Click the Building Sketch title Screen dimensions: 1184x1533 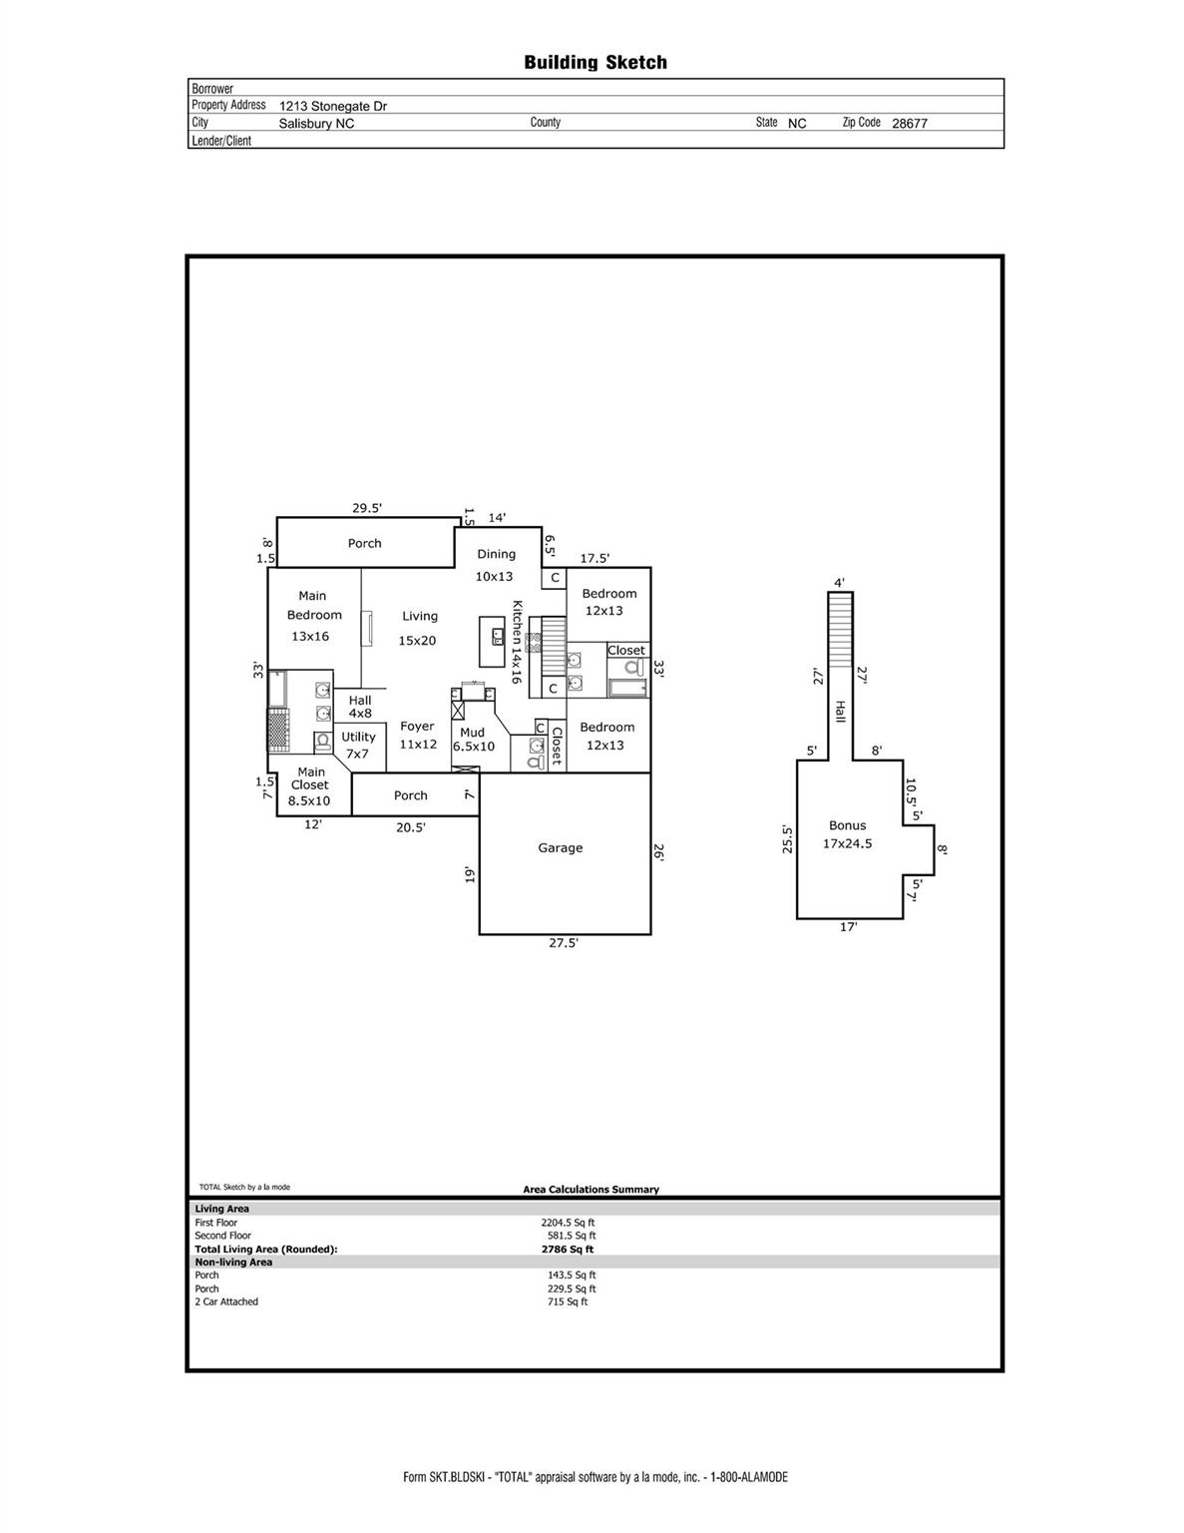click(595, 63)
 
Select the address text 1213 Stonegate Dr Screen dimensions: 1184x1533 click(332, 107)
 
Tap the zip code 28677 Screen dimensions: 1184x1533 click(910, 124)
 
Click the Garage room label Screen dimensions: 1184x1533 click(561, 848)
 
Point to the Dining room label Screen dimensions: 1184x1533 click(496, 555)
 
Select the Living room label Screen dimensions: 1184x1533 click(420, 617)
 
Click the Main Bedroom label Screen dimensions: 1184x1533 click(313, 605)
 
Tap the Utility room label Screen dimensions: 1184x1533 click(359, 738)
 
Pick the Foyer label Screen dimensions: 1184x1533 click(417, 727)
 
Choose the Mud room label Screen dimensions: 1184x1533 click(472, 733)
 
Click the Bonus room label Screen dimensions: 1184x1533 click(848, 825)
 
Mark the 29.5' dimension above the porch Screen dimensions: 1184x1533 click(367, 508)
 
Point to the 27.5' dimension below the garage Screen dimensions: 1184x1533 click(564, 942)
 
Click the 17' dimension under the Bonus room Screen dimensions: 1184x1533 click(849, 927)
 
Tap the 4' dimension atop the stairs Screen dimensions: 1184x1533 click(839, 583)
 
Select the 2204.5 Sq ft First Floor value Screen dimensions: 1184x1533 click(568, 1223)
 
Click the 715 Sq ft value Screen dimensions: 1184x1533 click(567, 1301)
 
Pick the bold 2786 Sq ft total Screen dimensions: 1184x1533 click(568, 1250)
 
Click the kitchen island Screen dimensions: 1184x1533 click(492, 642)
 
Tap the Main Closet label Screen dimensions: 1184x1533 click(311, 778)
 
